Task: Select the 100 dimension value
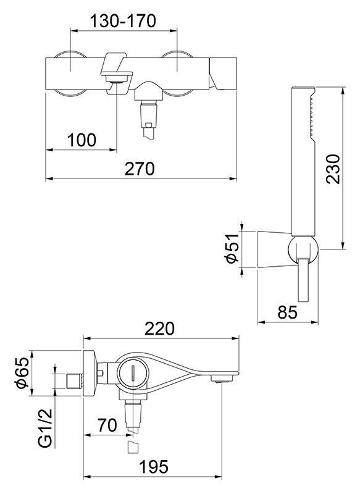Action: [x=82, y=140]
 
